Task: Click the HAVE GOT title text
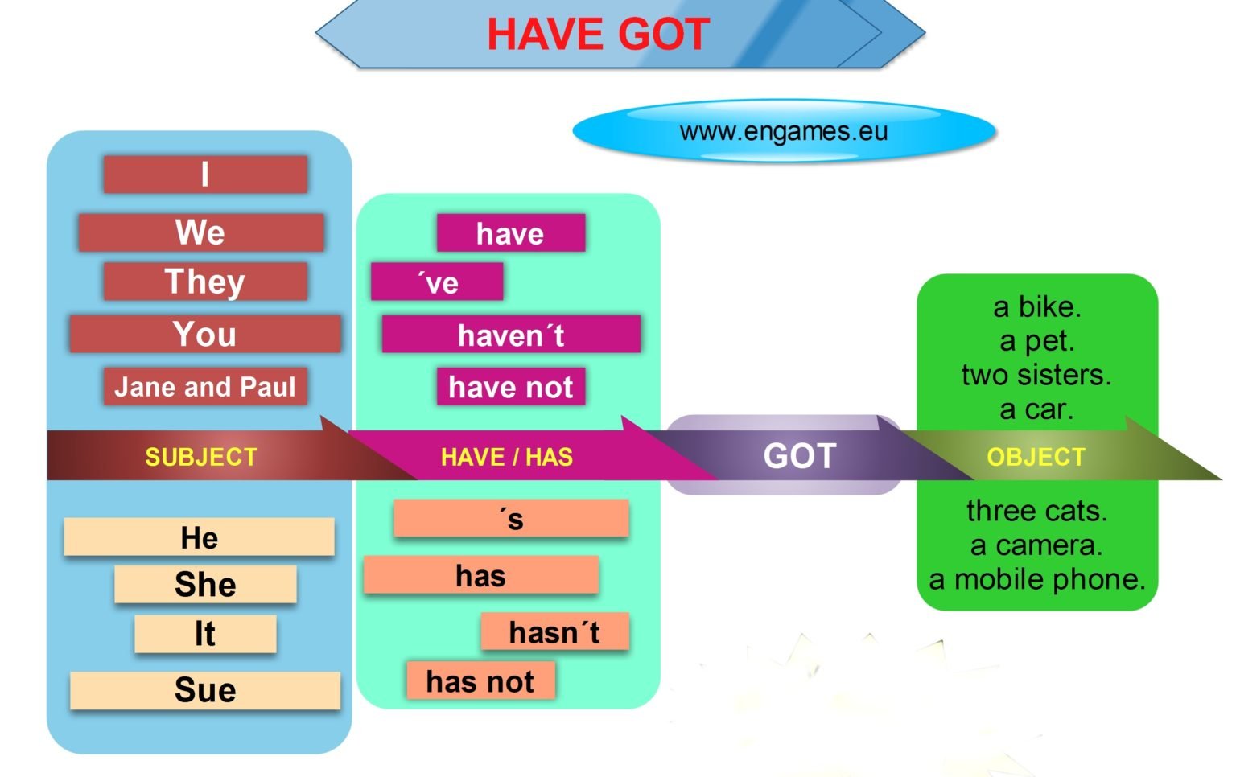[x=598, y=35]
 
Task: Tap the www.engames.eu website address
[x=784, y=131]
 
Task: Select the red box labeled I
[x=205, y=175]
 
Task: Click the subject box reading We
[x=201, y=232]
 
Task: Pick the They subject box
[x=205, y=282]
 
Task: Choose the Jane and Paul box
[x=205, y=387]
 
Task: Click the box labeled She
[x=205, y=585]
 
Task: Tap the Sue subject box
[x=205, y=690]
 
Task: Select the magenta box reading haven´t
[x=511, y=335]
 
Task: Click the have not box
[x=511, y=387]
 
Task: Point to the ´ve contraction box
[x=437, y=282]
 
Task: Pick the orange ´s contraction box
[x=511, y=519]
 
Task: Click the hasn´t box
[x=554, y=632]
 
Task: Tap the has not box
[x=480, y=681]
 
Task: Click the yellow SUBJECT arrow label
[x=201, y=457]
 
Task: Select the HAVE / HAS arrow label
[x=507, y=457]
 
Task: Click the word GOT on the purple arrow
[x=800, y=456]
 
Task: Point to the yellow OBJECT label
[x=1036, y=457]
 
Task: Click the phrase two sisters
[x=1036, y=375]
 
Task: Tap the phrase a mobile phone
[x=1037, y=579]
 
